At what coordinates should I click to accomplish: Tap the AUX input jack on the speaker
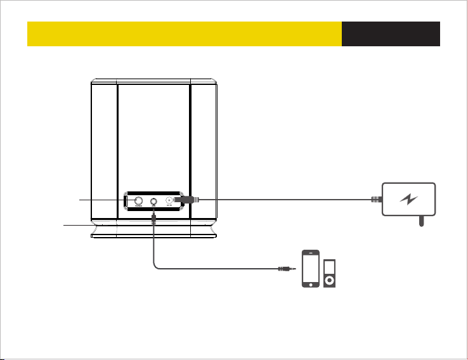click(x=153, y=200)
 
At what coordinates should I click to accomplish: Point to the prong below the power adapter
click(x=421, y=222)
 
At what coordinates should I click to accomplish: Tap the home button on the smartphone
click(x=310, y=283)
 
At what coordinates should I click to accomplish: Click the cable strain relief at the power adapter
click(x=375, y=200)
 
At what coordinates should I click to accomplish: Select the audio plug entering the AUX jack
click(x=153, y=218)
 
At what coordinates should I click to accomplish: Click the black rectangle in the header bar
click(x=391, y=34)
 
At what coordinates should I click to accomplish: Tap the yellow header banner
click(x=184, y=34)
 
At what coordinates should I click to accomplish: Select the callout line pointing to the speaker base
click(x=79, y=225)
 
